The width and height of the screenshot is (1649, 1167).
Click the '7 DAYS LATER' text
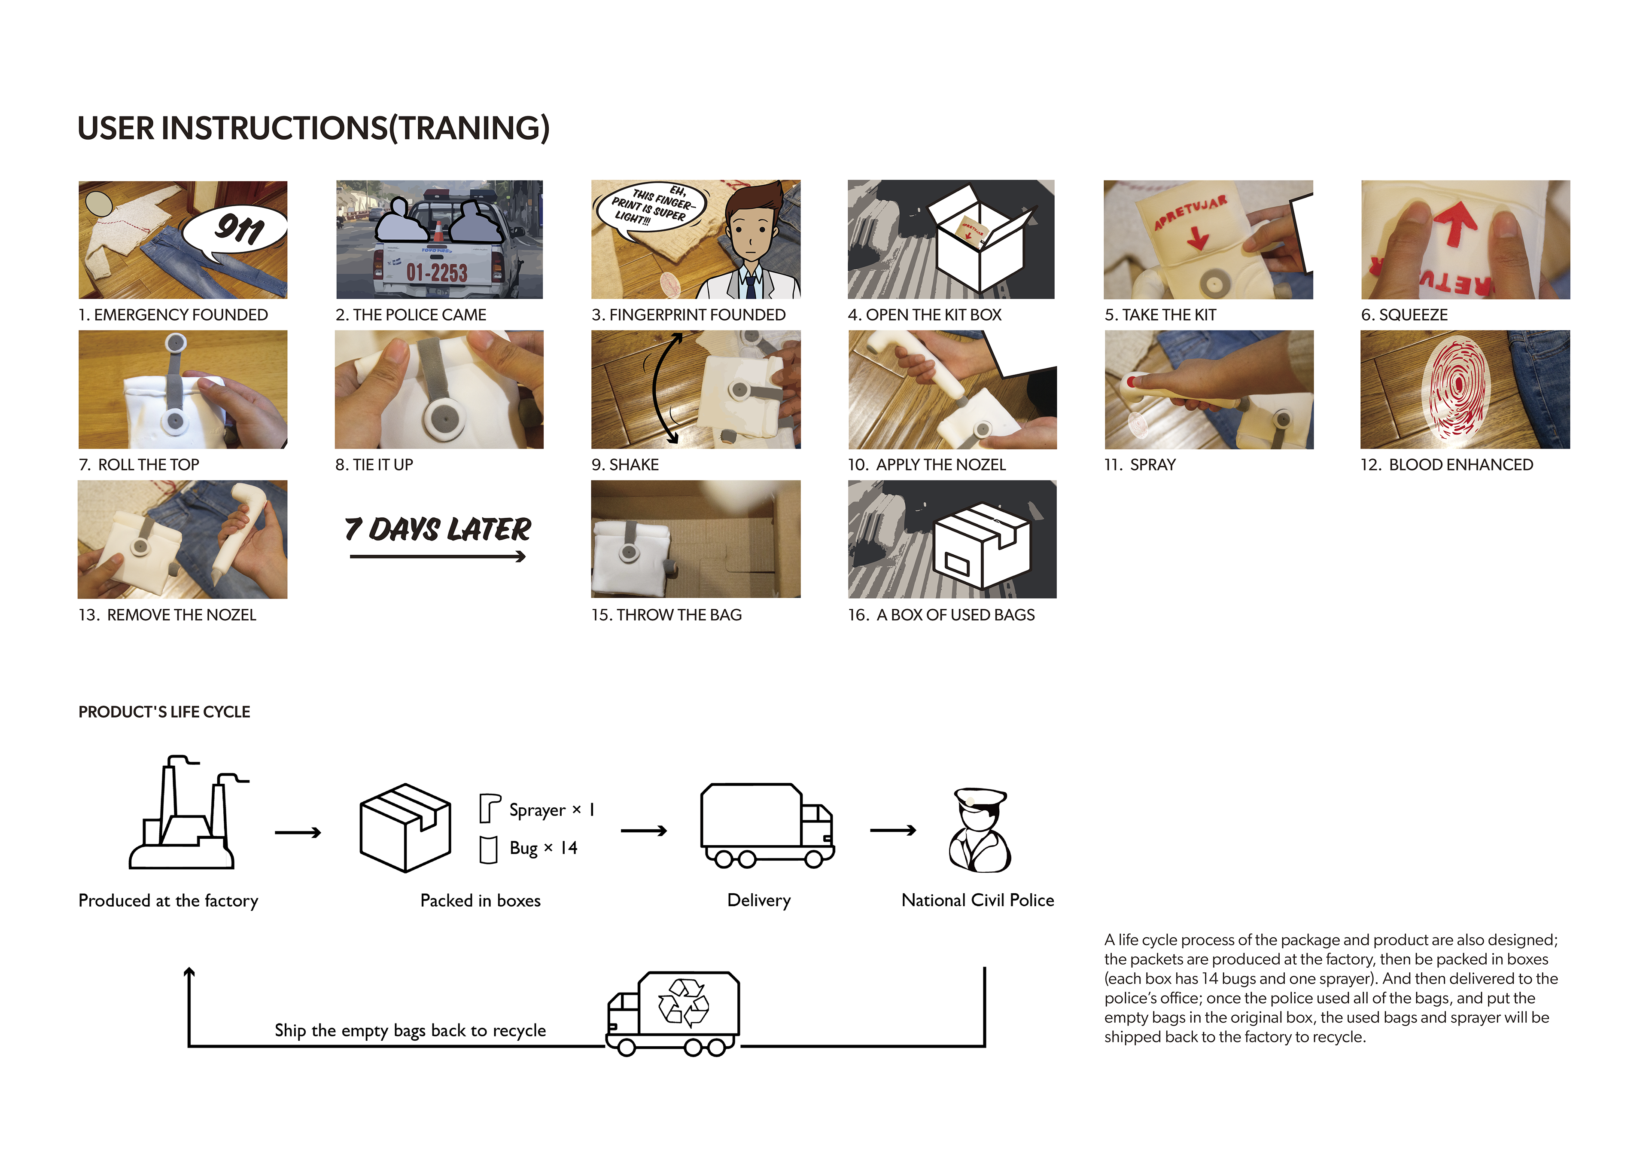[x=438, y=530]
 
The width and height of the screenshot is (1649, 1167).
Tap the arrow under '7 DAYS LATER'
[x=438, y=556]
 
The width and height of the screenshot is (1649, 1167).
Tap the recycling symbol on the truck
[x=683, y=1001]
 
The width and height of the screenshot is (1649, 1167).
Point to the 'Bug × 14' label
[x=543, y=848]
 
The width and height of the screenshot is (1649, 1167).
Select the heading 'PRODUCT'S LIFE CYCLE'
[x=164, y=712]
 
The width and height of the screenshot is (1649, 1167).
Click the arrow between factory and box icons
[x=297, y=833]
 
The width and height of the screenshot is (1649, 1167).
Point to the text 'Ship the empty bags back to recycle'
[x=410, y=1030]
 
